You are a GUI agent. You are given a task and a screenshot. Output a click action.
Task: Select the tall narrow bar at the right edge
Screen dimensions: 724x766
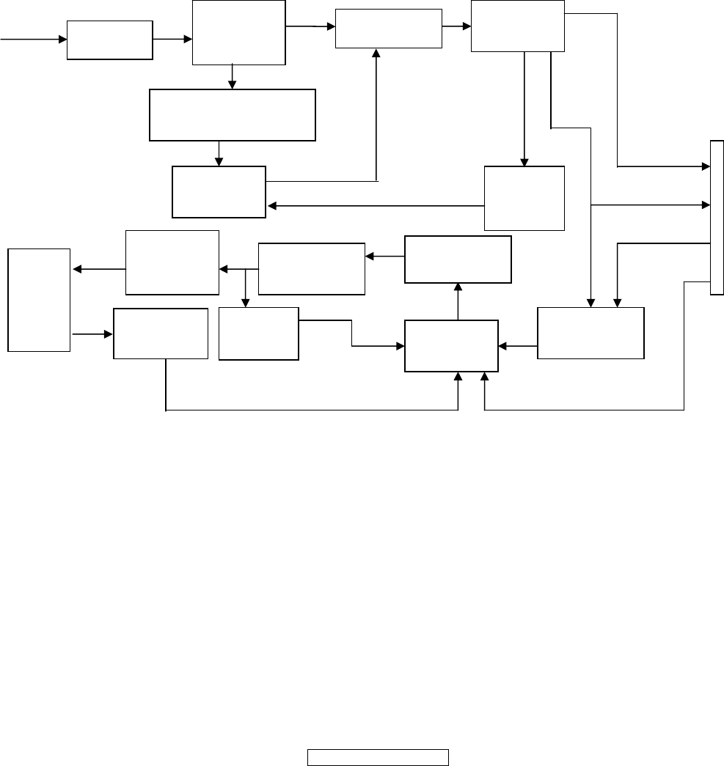click(x=717, y=218)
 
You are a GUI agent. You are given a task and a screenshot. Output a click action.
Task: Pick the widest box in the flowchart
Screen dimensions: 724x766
click(x=232, y=114)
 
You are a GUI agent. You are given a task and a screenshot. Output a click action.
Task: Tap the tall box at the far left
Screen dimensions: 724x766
click(x=39, y=299)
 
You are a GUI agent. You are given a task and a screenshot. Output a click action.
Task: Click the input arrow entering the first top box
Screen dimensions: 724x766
click(x=33, y=40)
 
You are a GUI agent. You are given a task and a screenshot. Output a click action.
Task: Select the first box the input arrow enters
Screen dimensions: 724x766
click(x=109, y=40)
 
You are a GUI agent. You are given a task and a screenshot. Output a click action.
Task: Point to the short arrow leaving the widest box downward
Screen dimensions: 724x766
click(x=219, y=152)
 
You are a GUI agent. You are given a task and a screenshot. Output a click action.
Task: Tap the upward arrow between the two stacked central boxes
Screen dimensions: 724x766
click(x=458, y=301)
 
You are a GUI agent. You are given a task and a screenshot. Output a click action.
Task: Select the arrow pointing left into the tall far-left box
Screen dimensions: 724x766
click(x=99, y=270)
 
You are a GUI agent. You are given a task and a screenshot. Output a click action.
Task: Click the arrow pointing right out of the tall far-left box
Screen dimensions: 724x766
click(x=92, y=334)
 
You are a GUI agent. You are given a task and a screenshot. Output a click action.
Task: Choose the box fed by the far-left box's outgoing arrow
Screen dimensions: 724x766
click(x=161, y=334)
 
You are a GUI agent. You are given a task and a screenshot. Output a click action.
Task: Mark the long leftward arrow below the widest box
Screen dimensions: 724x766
click(x=374, y=206)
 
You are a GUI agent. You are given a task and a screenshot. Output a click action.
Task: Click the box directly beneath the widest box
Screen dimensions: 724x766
click(x=219, y=191)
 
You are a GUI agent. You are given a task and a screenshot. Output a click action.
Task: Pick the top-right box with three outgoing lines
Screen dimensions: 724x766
click(x=517, y=26)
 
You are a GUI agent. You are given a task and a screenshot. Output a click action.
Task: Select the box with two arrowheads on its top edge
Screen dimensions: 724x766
click(x=590, y=333)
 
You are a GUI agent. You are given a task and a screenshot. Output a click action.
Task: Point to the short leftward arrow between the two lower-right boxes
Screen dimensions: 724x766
click(x=517, y=346)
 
